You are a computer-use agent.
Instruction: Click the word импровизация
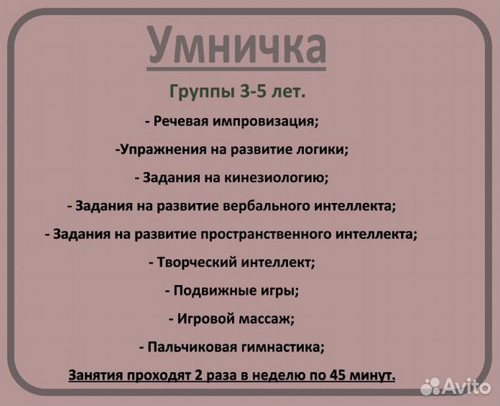(x=261, y=121)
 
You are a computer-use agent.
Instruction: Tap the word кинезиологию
(x=278, y=177)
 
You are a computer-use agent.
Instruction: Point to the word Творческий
(x=195, y=262)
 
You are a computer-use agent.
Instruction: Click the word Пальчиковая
(x=190, y=347)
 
